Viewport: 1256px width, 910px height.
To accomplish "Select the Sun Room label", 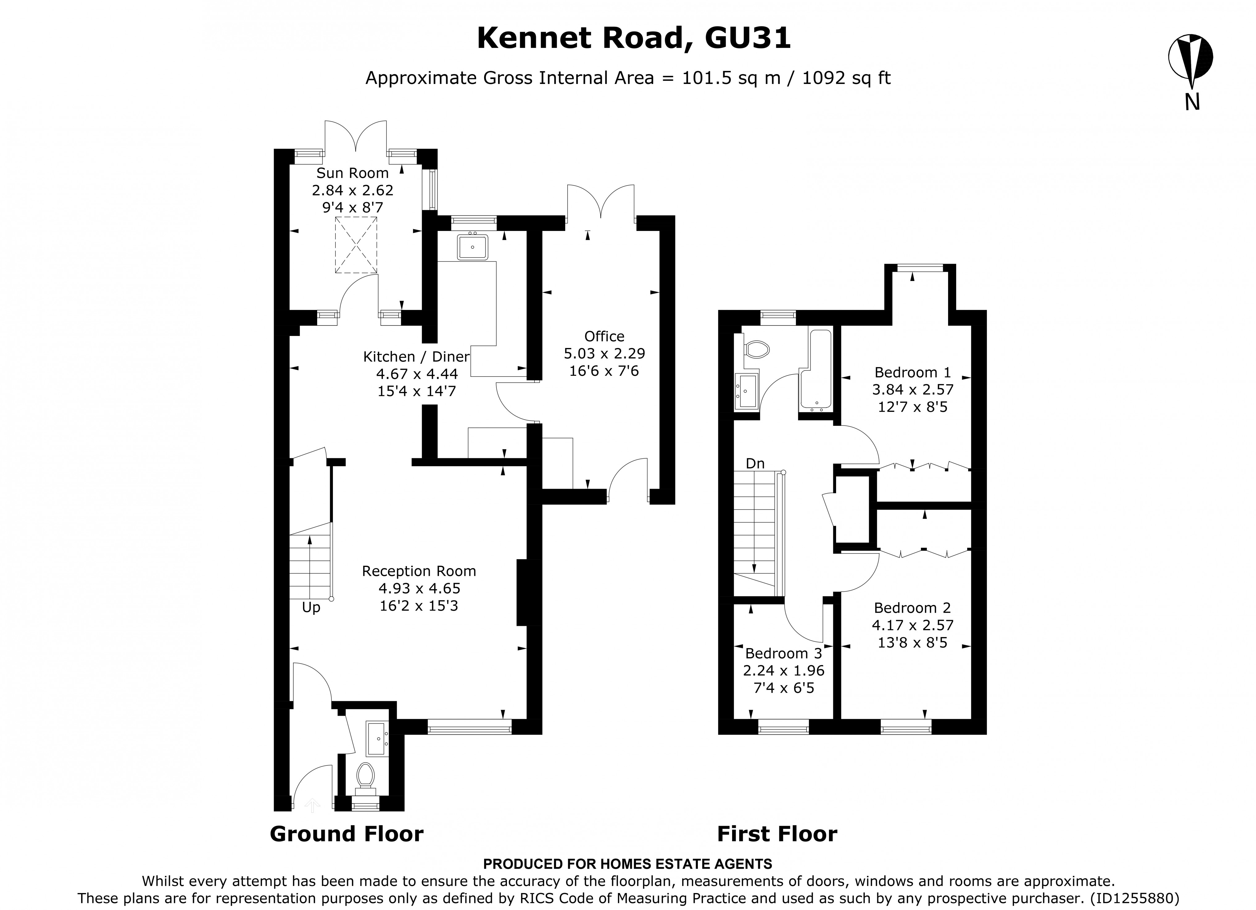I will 352,173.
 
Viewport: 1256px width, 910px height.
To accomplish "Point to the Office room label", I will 604,336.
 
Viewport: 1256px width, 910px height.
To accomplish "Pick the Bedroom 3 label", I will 784,653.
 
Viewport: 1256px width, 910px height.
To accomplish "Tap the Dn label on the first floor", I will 755,463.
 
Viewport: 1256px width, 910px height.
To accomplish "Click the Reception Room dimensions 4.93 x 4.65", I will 419,588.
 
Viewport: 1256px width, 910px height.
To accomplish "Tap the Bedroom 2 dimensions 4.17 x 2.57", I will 913,625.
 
